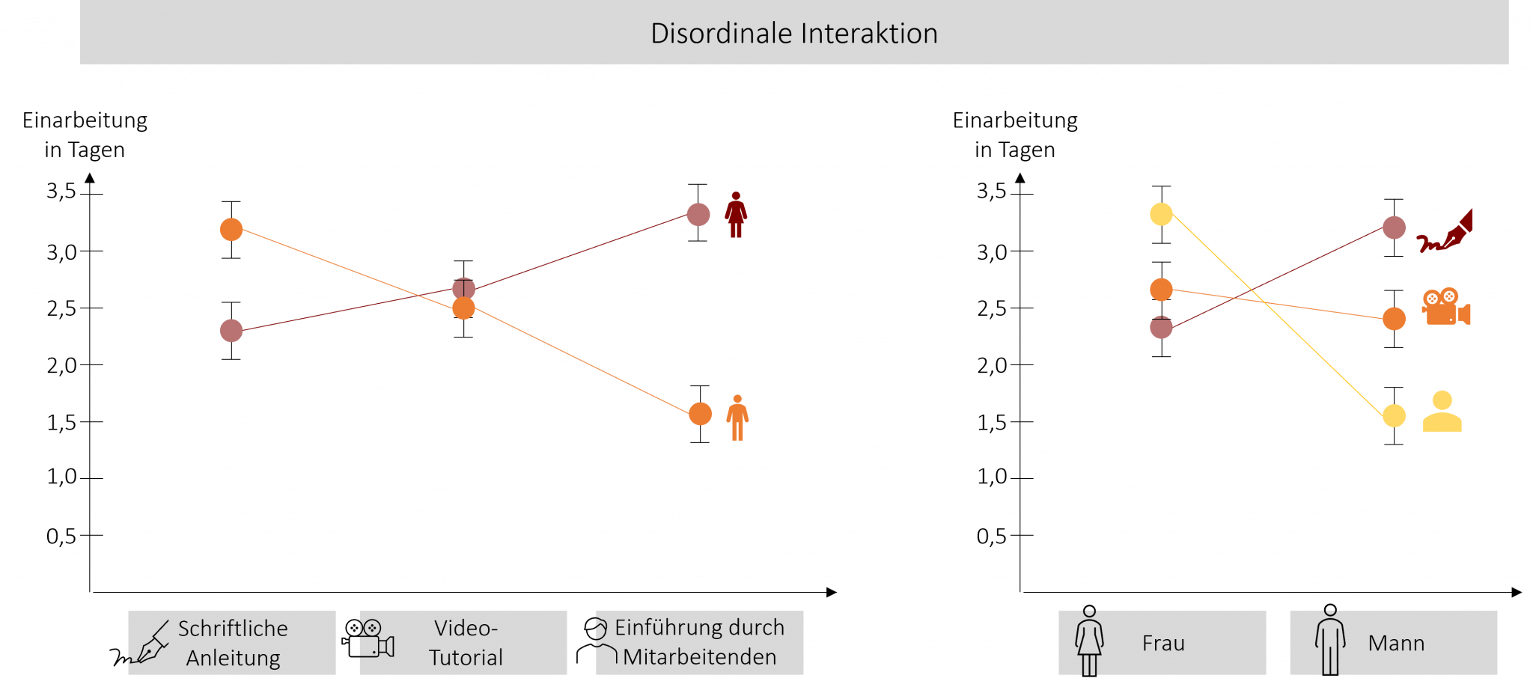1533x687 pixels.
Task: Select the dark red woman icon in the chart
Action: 736,215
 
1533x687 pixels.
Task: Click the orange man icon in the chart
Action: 737,418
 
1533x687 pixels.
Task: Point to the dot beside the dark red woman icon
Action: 698,215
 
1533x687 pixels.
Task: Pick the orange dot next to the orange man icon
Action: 700,414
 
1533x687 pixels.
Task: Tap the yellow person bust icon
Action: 1442,412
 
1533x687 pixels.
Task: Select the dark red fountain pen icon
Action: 1445,233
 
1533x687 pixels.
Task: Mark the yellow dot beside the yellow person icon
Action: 1394,415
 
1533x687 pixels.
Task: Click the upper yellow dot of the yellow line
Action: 1161,214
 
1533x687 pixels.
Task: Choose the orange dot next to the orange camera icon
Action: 1394,319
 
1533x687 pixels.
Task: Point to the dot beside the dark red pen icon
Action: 1394,228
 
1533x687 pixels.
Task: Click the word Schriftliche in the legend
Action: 233,629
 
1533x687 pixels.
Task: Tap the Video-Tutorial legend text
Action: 466,643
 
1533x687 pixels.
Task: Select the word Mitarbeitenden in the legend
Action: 699,657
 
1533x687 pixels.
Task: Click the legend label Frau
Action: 1163,644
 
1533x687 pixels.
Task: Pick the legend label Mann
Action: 1396,644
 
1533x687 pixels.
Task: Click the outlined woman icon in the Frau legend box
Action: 1089,643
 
